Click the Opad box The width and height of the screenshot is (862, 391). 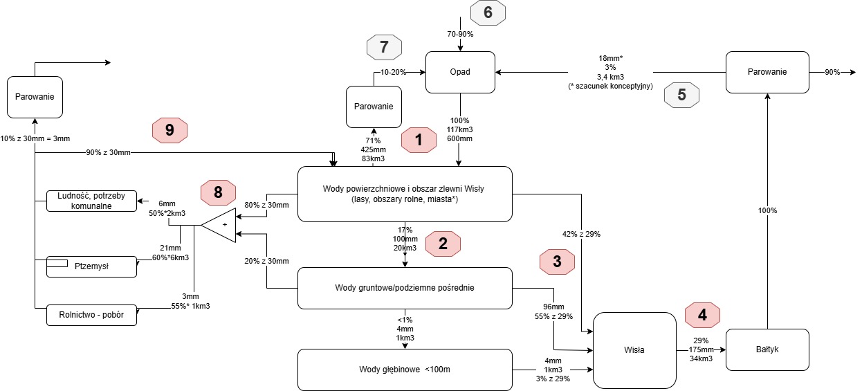460,73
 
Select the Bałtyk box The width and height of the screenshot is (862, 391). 767,349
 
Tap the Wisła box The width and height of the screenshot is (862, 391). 634,350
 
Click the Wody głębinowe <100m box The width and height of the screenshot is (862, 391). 405,370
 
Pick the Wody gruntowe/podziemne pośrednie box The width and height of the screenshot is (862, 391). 405,288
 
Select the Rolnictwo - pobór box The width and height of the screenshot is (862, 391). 91,315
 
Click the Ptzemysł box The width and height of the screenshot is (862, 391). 91,266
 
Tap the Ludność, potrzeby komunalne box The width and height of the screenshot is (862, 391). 91,201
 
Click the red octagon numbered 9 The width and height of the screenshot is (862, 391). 169,131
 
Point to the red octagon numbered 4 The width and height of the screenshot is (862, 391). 702,315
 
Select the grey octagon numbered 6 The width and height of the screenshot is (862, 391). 488,12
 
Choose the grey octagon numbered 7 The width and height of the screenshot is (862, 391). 384,47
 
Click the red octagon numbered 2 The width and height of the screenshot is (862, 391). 443,244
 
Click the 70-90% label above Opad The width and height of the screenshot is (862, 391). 460,34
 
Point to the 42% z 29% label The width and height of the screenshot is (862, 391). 581,234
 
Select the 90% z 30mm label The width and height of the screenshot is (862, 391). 108,152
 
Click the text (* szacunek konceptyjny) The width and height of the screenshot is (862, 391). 610,86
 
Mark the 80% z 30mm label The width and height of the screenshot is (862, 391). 266,205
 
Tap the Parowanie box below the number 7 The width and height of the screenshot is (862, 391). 374,107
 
